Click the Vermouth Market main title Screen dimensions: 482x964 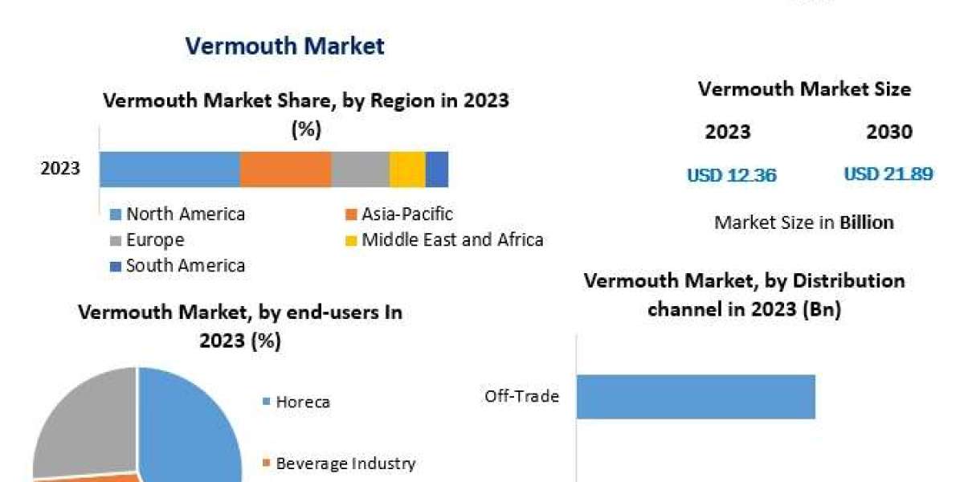(284, 46)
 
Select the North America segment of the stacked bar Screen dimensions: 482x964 (170, 169)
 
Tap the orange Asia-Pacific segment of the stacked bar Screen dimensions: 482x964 (285, 169)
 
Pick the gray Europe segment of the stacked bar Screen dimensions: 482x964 (360, 169)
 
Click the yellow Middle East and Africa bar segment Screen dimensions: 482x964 (407, 169)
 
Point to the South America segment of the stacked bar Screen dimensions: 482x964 (437, 169)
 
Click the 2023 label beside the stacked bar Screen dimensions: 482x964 (60, 169)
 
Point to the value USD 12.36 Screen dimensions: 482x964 (731, 174)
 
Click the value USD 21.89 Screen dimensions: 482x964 (888, 174)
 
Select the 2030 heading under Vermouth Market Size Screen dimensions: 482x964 (889, 132)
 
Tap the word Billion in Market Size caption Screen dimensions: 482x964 (867, 223)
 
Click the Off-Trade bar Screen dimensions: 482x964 (696, 397)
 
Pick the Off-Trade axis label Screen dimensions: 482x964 (521, 396)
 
